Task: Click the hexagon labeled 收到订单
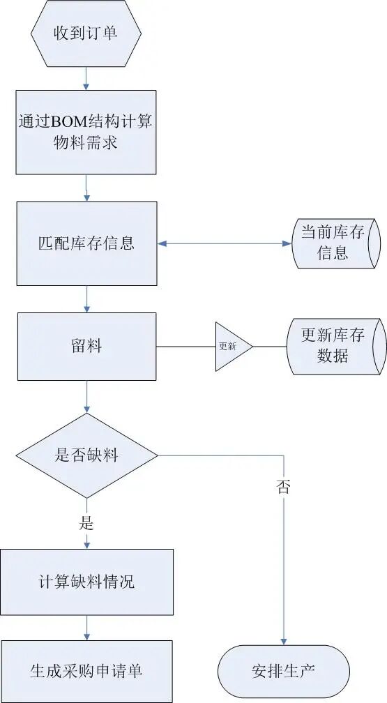[86, 33]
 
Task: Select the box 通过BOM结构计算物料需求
[86, 133]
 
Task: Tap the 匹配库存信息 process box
[87, 243]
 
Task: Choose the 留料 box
[87, 347]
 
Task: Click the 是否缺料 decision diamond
[87, 455]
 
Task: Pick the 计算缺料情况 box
[86, 582]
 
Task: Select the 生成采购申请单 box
[86, 671]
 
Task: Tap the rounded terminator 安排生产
[283, 672]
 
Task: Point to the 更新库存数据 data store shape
[336, 346]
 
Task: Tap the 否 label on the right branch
[283, 487]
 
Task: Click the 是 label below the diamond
[86, 523]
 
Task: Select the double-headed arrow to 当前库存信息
[225, 243]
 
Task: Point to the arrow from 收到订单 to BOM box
[86, 78]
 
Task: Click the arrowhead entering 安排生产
[283, 641]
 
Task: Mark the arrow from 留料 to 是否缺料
[86, 397]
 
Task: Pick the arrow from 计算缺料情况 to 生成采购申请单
[86, 628]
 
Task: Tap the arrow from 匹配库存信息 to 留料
[86, 299]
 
